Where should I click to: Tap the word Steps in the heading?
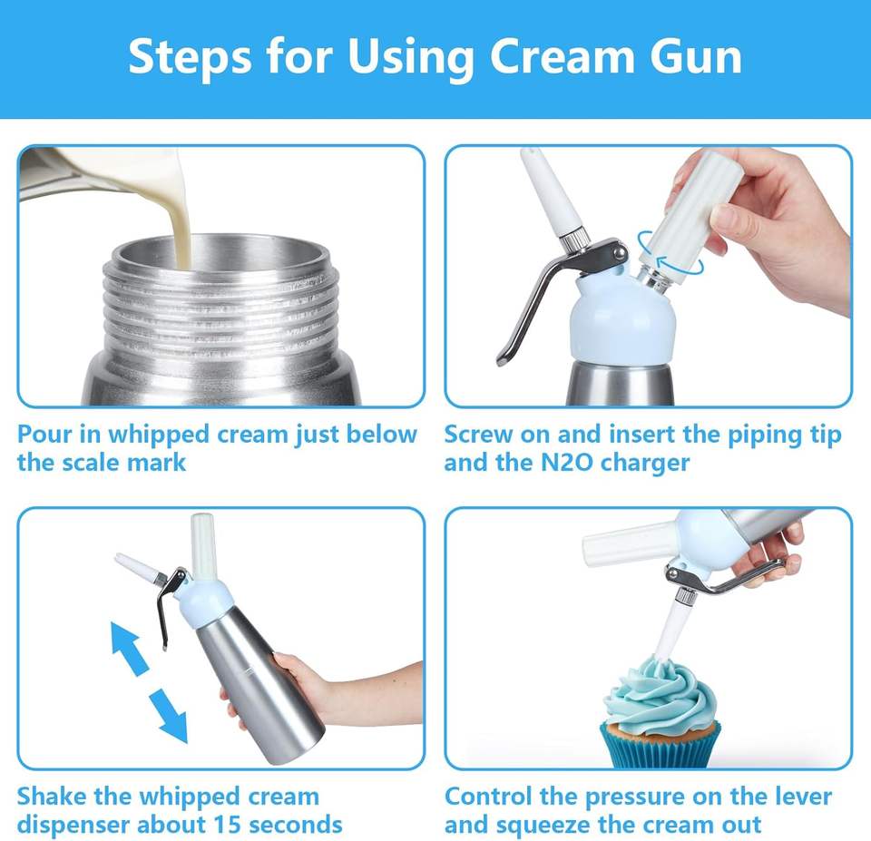(190, 58)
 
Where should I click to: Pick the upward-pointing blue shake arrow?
(130, 648)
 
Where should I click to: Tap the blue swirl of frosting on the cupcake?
(661, 696)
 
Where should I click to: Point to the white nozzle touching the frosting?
(670, 632)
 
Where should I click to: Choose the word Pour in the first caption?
(44, 435)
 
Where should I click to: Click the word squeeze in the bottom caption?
(541, 826)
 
